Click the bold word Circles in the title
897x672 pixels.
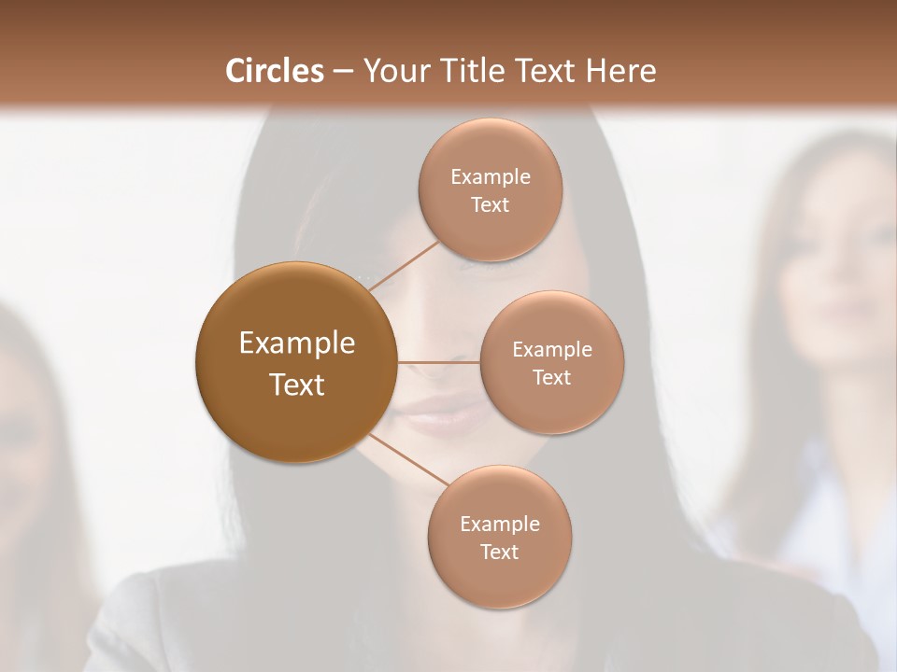274,71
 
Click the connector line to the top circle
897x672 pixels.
404,267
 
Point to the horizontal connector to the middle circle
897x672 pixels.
438,362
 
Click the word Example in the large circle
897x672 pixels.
297,343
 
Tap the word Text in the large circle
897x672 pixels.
297,385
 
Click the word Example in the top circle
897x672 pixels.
491,177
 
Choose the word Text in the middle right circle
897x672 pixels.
551,378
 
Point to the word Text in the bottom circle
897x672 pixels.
499,553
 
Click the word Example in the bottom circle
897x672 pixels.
500,525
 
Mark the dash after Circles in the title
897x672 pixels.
343,72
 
